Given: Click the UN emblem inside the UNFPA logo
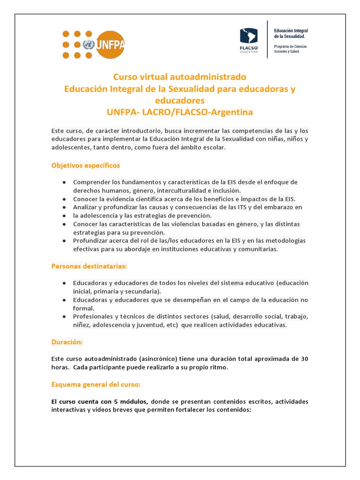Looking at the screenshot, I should coord(88,45).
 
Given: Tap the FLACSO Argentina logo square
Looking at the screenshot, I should coord(248,37).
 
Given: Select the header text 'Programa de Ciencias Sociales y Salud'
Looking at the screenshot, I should coord(291,49).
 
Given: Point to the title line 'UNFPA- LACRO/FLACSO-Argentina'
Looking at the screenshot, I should coord(180,112).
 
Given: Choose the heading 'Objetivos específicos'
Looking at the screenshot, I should coord(85,165).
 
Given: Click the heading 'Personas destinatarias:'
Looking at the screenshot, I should coord(89,266).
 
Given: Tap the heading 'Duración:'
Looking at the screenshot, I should coord(67,342).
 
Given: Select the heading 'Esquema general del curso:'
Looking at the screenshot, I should coord(96,384).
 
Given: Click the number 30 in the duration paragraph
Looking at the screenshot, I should coord(304,359).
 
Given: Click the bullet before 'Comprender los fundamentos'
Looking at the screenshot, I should coord(63,182).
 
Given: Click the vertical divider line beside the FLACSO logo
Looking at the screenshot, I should coord(268,39).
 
